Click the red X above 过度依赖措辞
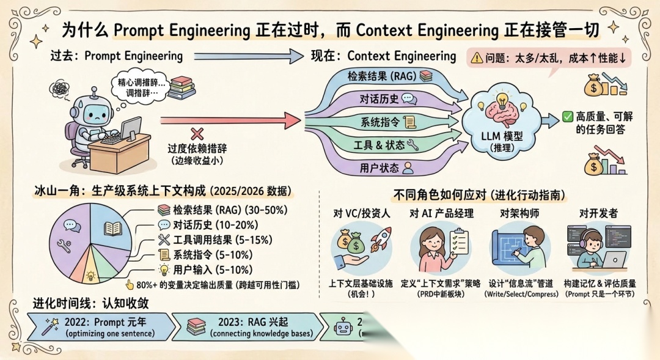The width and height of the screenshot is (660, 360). [x=197, y=134]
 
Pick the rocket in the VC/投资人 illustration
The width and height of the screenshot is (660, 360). [x=380, y=239]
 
